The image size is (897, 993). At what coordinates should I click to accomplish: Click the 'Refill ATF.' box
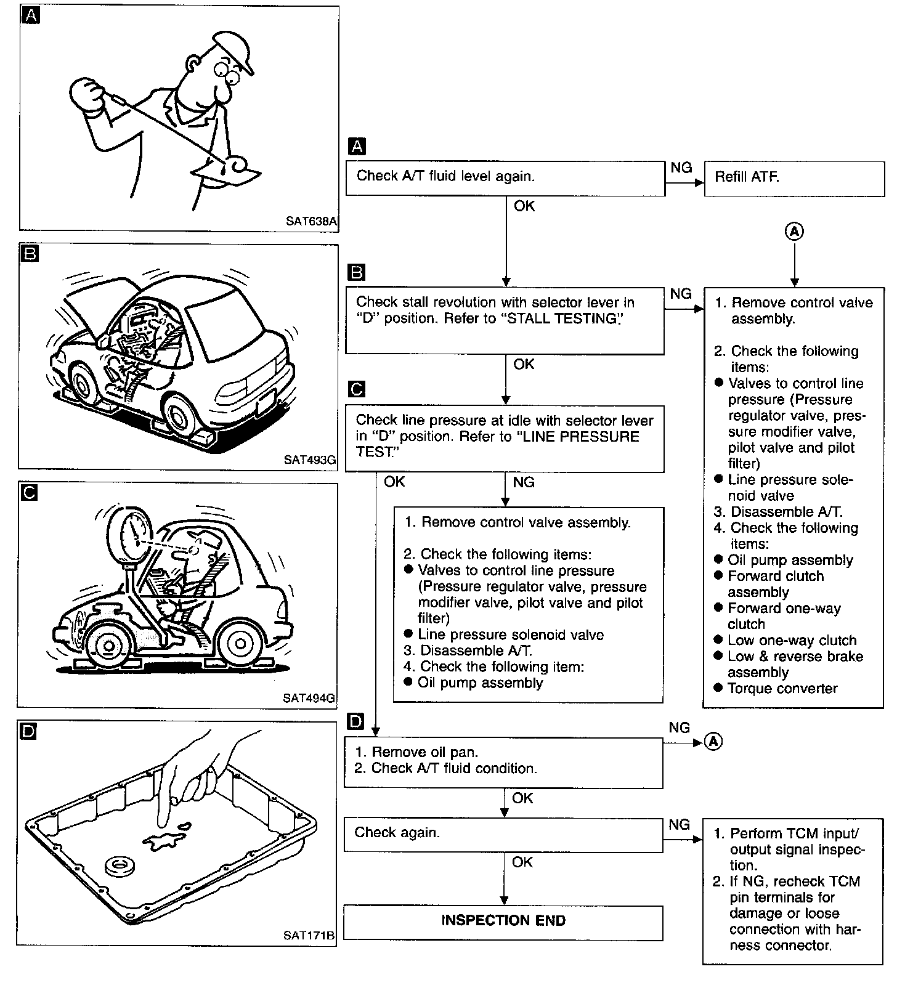coord(793,178)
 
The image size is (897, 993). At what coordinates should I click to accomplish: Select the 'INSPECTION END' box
coord(503,922)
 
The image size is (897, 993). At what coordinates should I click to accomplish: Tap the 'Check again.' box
coord(503,834)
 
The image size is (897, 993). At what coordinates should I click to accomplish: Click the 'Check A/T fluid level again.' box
coord(505,178)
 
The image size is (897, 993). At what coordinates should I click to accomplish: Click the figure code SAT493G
coord(310,460)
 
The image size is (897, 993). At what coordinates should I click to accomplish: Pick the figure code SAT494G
coord(309,698)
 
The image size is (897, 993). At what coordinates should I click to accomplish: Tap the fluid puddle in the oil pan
coord(163,840)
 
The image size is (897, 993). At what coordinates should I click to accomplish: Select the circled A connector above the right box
coord(795,232)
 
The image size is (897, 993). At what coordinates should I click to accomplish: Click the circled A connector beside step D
coord(713,742)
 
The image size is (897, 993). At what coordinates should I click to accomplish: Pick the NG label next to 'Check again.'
coord(679,825)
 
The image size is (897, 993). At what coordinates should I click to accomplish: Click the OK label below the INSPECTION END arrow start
coord(522,862)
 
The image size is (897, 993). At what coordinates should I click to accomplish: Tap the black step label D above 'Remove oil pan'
coord(355,721)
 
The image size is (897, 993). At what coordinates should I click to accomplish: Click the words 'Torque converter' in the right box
coord(782,689)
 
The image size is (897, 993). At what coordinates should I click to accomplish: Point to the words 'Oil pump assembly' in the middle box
coord(480,683)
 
